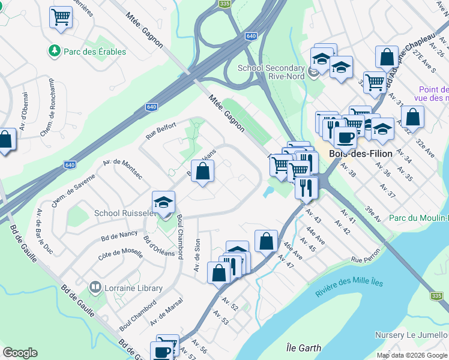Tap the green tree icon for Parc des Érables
pos(55,51)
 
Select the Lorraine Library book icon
pos(95,288)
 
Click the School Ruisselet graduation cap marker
pos(163,203)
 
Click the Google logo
pos(20,353)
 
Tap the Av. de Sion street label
pos(197,255)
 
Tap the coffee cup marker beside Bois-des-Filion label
pos(345,137)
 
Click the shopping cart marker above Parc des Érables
pos(61,17)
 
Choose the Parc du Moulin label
pos(418,218)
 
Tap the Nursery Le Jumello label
pos(412,335)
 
